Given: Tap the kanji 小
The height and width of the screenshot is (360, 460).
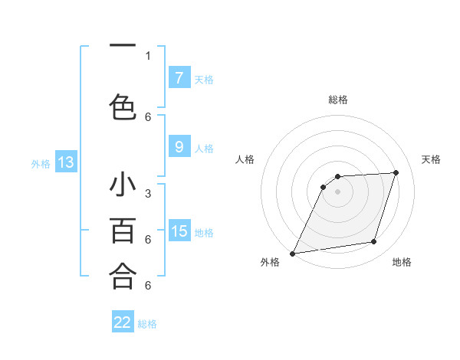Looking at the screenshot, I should click(123, 186).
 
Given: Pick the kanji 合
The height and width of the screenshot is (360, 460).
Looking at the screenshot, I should click(123, 275).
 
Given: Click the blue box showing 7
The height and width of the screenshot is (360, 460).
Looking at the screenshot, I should click(179, 77).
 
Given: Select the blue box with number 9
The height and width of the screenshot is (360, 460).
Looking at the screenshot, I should click(179, 147).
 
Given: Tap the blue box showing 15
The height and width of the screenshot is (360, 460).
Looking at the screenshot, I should click(179, 231).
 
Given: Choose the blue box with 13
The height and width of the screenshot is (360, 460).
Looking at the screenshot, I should click(66, 162).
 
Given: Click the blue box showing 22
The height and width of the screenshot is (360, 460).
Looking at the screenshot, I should click(123, 322).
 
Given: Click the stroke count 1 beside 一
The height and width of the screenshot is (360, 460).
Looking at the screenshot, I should click(148, 55).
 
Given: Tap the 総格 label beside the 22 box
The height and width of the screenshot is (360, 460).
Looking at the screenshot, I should click(148, 324).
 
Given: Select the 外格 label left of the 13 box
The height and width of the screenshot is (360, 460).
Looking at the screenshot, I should click(41, 163).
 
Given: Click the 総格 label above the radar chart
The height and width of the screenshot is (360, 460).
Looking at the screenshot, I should click(337, 100).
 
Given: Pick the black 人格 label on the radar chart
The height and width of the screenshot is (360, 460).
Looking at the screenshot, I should click(245, 159).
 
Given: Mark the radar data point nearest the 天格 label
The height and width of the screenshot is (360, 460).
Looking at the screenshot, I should click(396, 172).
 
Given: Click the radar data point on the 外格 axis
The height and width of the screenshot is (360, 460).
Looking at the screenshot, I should click(292, 254).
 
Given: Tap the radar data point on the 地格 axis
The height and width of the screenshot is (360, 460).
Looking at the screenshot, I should click(374, 242).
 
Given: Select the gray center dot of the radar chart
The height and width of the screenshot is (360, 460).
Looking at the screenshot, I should click(337, 191).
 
